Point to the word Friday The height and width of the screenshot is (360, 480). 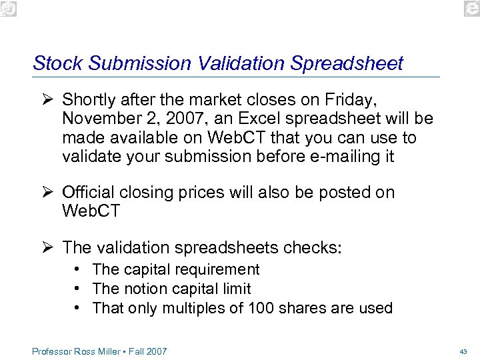point(351,100)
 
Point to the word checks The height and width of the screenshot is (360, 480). point(313,247)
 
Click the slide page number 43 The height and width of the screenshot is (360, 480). point(463,351)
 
